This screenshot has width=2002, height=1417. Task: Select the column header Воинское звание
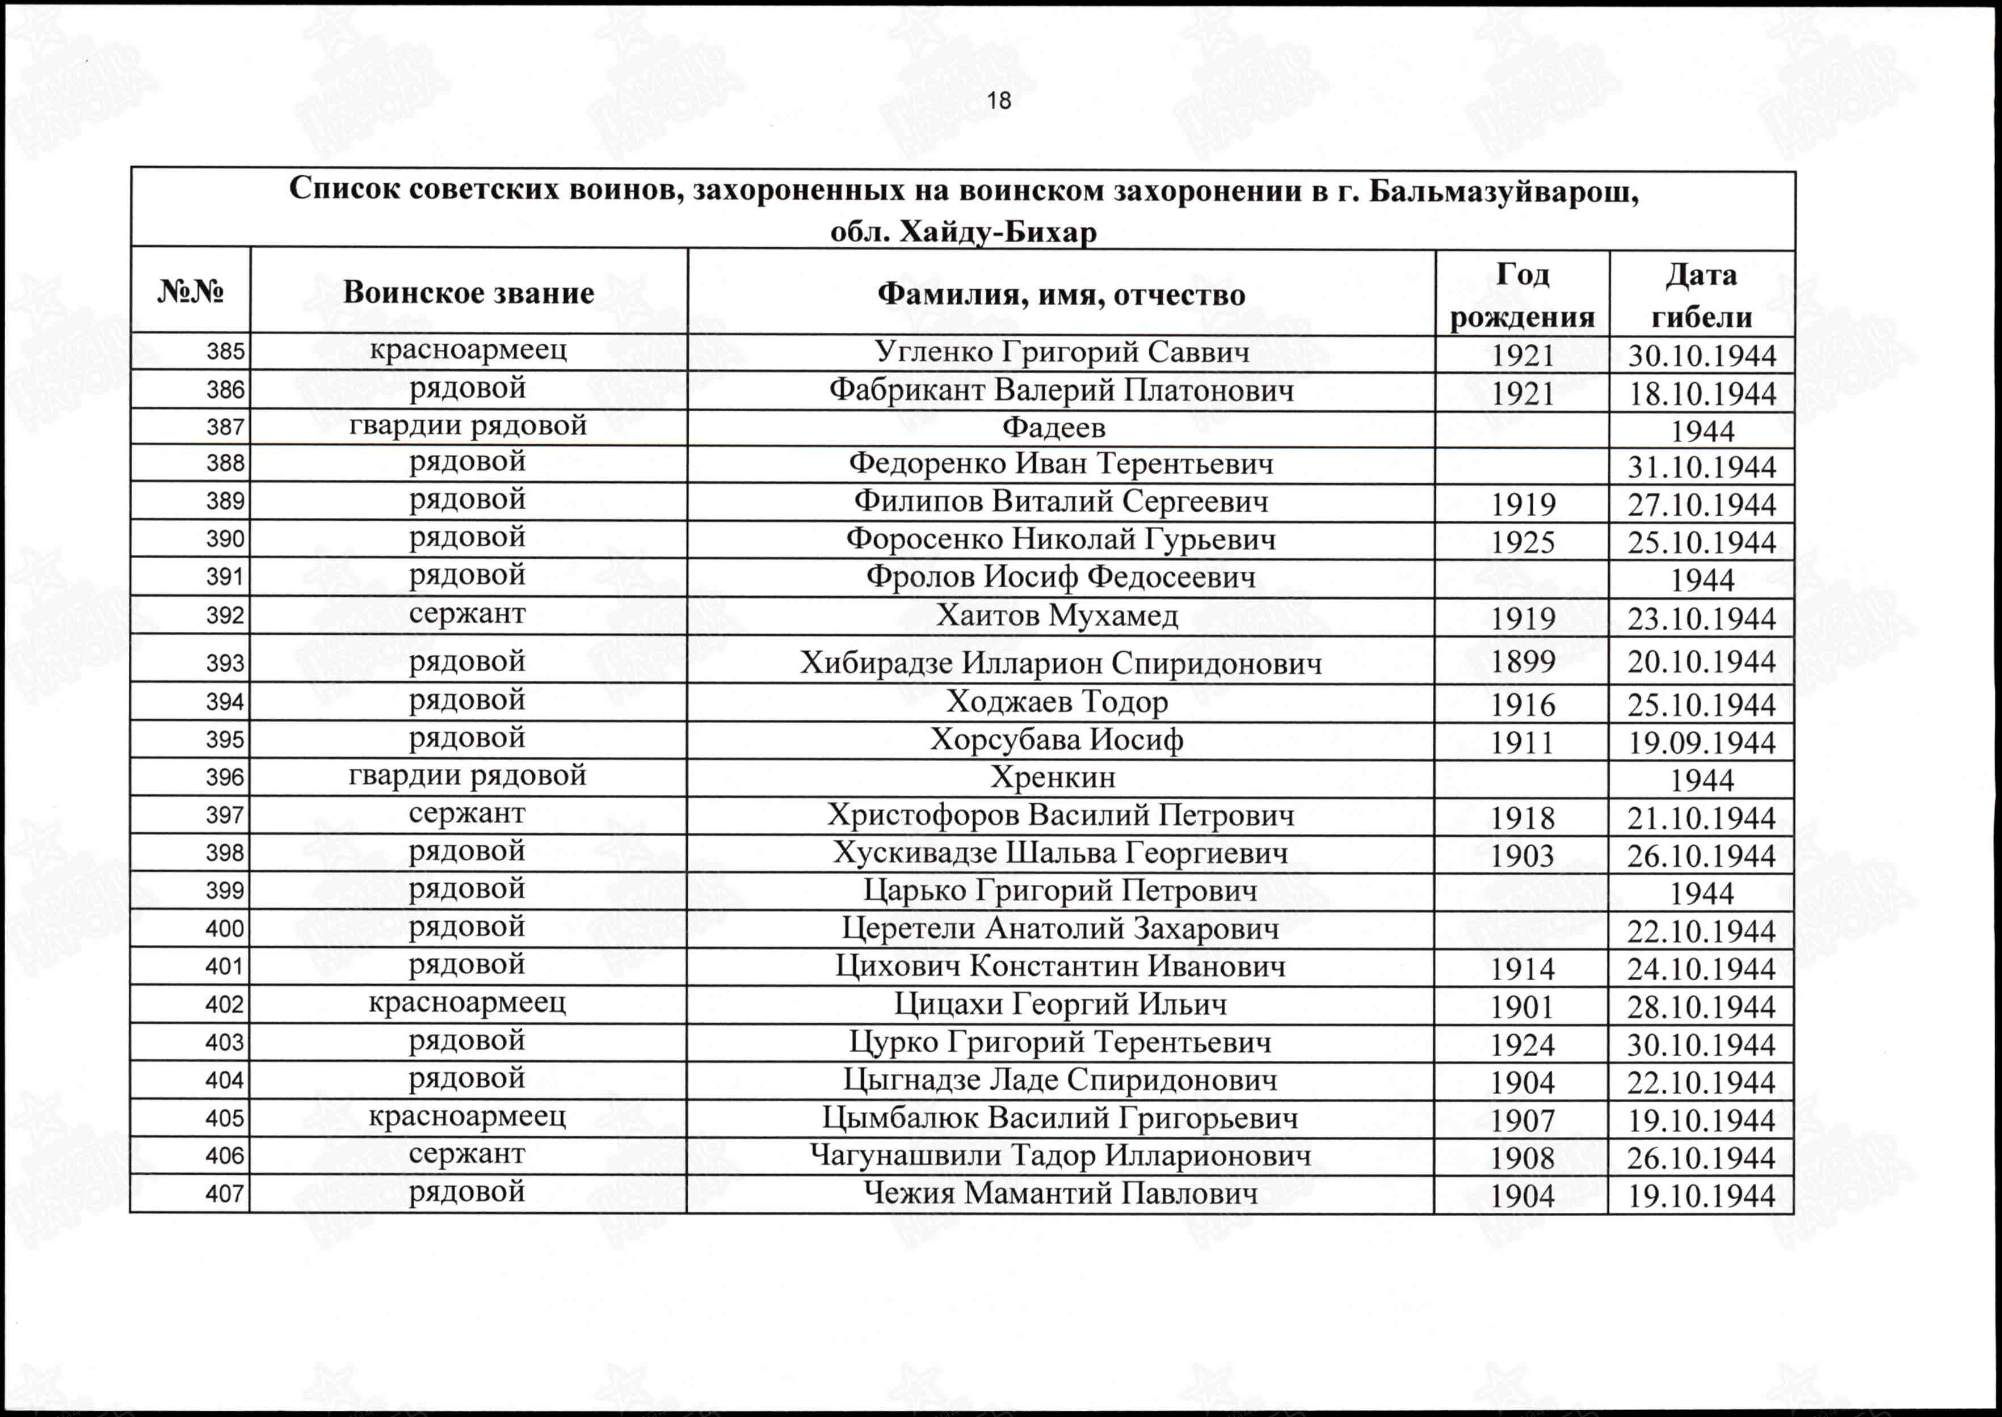point(469,292)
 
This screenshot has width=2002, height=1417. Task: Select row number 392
point(225,616)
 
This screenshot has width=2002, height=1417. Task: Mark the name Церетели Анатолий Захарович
point(1061,929)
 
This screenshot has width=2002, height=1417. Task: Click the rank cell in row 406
point(467,1154)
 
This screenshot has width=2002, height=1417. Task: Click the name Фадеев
point(1053,428)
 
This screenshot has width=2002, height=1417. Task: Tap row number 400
point(225,929)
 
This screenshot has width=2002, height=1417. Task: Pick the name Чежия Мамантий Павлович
point(1061,1193)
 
